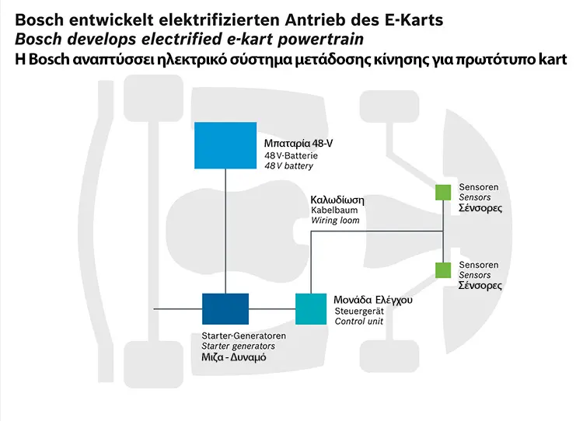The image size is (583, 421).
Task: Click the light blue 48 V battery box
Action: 225,145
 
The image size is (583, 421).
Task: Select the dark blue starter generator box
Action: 225,309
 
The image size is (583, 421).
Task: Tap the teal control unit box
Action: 311,309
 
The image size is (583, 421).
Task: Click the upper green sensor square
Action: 443,192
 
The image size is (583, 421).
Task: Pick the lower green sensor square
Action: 443,270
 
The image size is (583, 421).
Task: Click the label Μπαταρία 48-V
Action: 298,144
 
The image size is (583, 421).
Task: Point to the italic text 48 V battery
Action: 289,166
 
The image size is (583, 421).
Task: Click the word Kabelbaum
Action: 334,210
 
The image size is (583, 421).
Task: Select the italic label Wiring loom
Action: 335,221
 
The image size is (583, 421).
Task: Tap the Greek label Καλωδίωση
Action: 337,200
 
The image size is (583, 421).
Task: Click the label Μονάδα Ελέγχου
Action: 373,300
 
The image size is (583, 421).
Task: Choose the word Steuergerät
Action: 359,311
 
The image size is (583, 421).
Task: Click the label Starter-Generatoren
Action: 244,336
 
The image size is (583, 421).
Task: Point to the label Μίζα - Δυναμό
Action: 234,357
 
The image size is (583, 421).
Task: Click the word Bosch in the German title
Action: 40,20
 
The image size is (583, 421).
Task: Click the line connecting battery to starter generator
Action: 225,231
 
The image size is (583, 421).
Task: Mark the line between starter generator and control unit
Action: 272,309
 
